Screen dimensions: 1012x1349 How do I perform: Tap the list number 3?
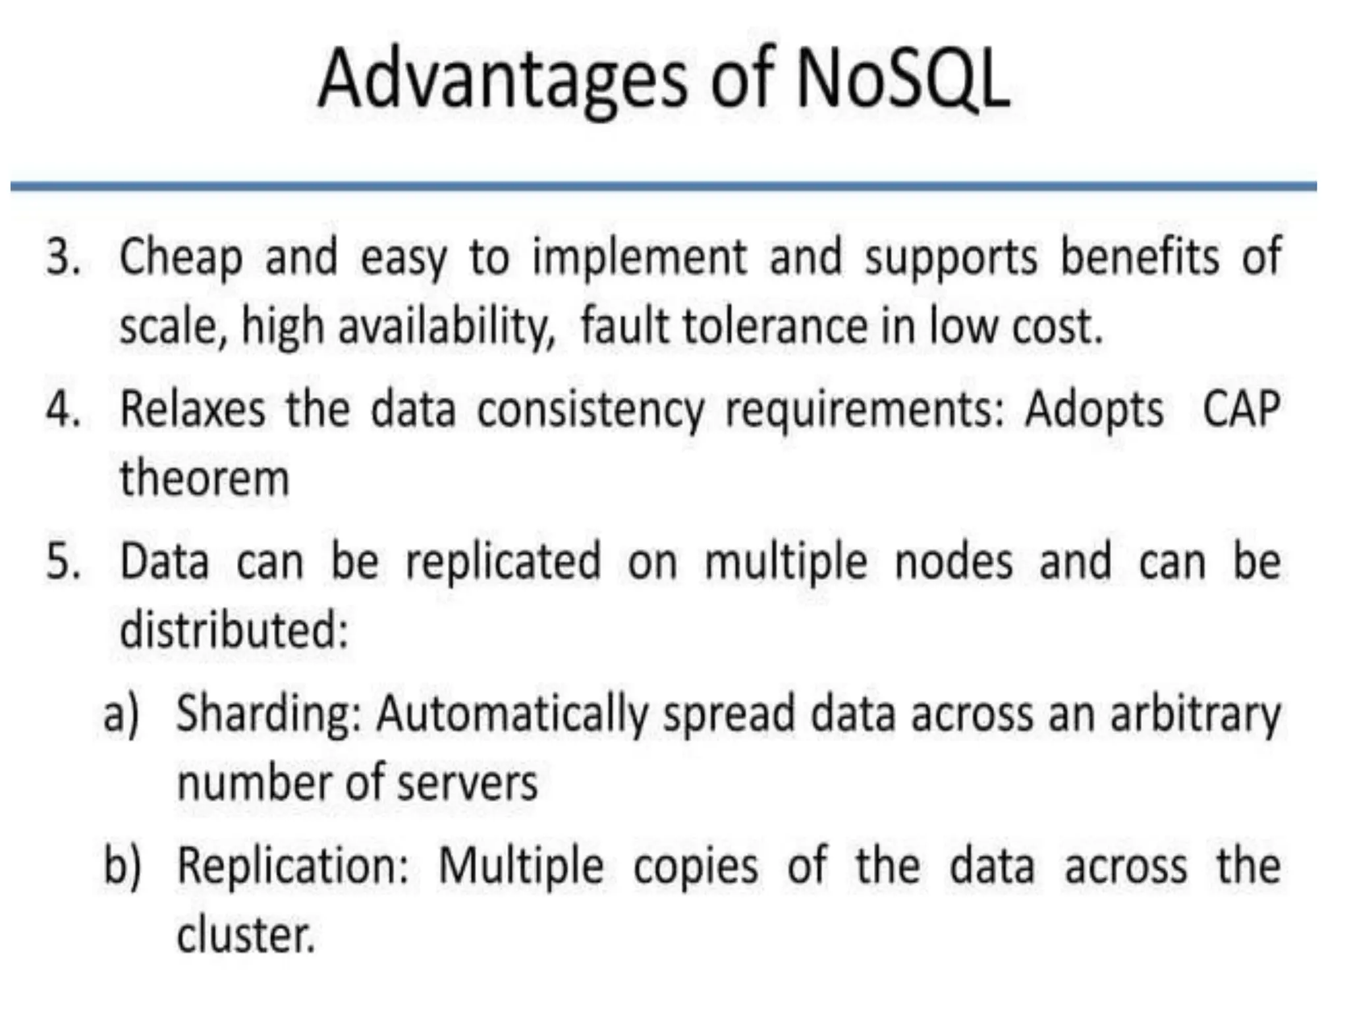63,256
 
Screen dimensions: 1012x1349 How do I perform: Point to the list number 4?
63,409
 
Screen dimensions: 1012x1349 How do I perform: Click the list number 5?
63,562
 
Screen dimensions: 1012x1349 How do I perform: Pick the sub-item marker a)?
122,714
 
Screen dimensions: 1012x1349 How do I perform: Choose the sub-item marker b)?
123,865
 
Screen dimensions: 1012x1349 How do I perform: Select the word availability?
447,327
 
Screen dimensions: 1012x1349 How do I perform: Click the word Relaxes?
193,409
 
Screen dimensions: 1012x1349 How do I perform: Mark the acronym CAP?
1241,409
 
